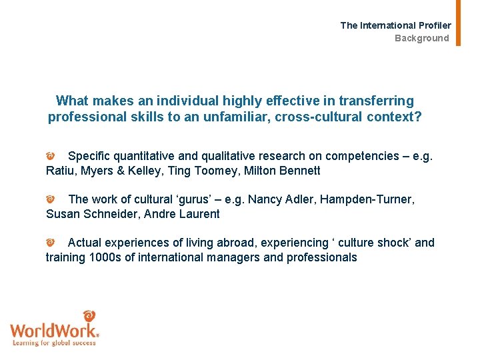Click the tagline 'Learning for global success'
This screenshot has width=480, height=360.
55,343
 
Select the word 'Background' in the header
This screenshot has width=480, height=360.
421,38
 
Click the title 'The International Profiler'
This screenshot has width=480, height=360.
395,25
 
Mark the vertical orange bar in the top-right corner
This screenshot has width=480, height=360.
458,23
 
